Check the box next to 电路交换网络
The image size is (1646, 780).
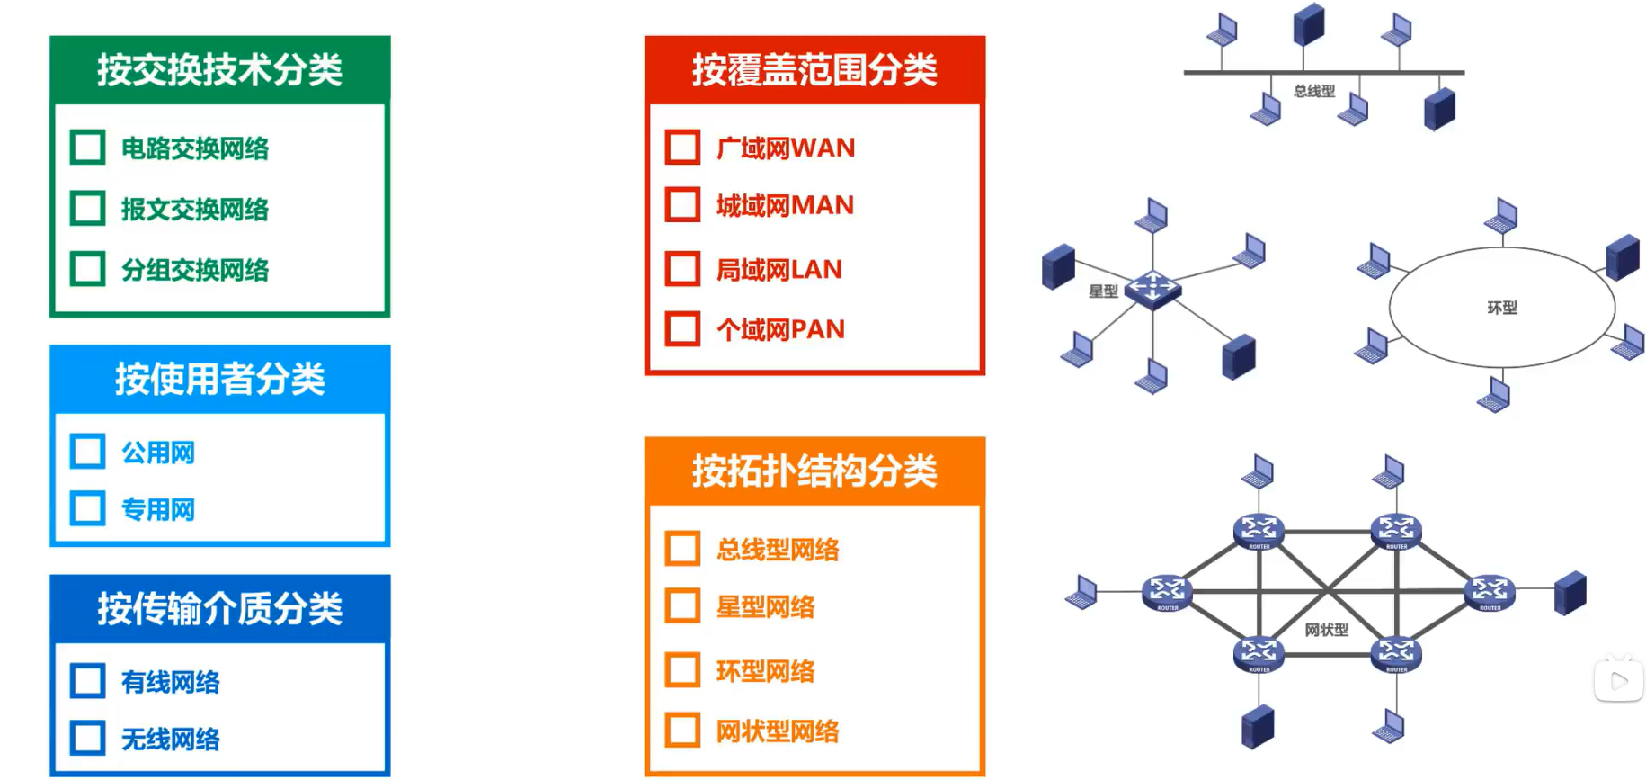coord(88,148)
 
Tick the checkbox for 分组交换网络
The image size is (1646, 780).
coord(88,269)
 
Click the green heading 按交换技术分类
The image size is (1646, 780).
coord(219,70)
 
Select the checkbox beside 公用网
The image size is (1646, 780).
coord(88,452)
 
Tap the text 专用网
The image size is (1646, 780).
coord(158,510)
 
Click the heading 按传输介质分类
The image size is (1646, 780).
coord(219,609)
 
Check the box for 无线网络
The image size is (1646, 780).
coord(88,739)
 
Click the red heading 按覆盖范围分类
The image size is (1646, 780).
coord(814,70)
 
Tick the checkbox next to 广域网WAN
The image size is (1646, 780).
coord(683,148)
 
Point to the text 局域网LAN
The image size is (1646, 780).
coord(779,269)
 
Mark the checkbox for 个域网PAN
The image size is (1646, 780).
coord(683,329)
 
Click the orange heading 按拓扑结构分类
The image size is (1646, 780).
coord(814,471)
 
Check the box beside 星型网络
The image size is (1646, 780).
coord(683,606)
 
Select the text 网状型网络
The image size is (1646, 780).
coord(778,731)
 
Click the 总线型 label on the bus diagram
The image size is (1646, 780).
coord(1313,91)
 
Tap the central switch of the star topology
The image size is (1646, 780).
coord(1152,289)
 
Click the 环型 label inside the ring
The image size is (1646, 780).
coord(1502,308)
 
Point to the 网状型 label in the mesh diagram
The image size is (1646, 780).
coord(1326,630)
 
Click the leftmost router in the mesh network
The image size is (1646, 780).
coord(1167,592)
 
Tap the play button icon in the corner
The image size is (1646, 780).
coord(1619,681)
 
